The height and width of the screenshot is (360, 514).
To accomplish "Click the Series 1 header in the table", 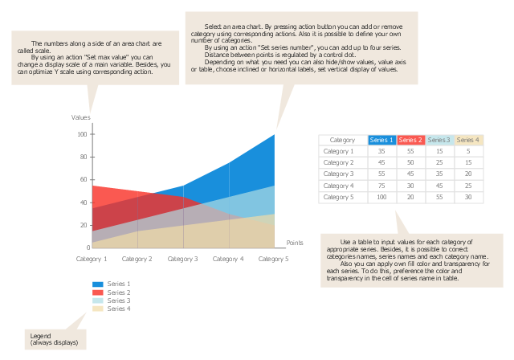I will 381,140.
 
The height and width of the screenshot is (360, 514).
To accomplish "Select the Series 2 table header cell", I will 410,140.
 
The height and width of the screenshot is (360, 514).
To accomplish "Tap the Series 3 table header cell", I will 439,140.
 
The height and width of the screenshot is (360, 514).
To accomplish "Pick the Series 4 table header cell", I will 468,140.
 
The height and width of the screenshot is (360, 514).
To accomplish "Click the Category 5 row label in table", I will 338,197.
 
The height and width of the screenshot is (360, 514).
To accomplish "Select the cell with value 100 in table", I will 381,197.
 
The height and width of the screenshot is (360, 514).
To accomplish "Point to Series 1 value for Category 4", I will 381,186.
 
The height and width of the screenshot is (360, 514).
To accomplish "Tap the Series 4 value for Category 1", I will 468,151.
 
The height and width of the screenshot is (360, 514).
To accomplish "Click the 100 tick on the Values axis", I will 82,134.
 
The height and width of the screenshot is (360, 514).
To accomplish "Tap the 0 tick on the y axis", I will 86,247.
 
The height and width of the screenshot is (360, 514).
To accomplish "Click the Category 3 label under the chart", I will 183,260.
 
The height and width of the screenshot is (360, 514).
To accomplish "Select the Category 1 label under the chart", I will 92,260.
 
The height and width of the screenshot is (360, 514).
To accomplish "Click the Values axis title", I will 81,118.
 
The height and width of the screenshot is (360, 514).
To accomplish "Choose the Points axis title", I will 295,242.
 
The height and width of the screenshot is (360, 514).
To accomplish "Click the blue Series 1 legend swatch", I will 97,284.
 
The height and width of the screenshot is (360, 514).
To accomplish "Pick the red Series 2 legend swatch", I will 97,292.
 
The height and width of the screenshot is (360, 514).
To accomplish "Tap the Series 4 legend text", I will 119,309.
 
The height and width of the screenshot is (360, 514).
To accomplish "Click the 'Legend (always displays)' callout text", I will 54,339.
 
